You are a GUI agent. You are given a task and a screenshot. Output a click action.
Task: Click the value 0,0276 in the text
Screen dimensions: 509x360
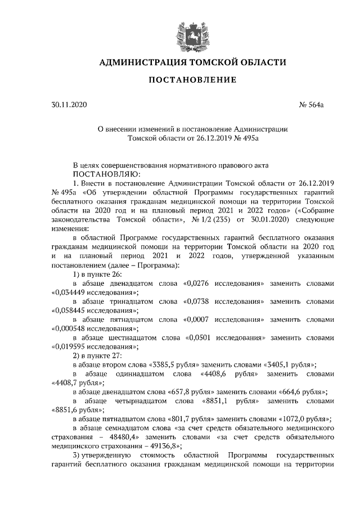[199, 285]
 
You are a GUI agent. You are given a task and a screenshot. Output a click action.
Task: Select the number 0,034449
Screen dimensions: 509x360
[70, 293]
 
